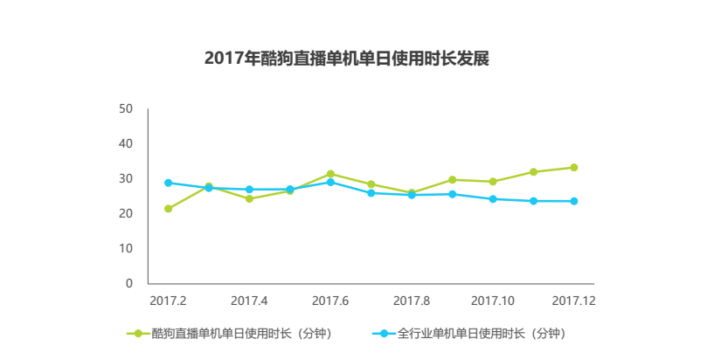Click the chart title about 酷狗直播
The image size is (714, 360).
[x=346, y=59]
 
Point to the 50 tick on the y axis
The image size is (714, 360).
[x=126, y=109]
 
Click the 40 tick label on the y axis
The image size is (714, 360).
[x=126, y=144]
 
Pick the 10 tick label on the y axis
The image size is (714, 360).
[x=126, y=249]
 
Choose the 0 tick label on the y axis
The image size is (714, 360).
[x=129, y=284]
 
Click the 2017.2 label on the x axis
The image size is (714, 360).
[x=168, y=301]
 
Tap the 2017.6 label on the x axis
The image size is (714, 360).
[x=330, y=301]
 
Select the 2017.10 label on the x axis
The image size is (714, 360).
[x=493, y=301]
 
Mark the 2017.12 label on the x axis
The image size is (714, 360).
[x=574, y=301]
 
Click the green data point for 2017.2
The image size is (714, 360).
[x=168, y=209]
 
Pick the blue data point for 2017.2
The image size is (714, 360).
[x=168, y=183]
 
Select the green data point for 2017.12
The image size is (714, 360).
[x=574, y=167]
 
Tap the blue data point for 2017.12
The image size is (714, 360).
[x=574, y=201]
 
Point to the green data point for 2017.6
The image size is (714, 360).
[x=330, y=174]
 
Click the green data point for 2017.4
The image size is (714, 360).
[x=249, y=199]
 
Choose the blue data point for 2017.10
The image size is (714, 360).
[x=493, y=199]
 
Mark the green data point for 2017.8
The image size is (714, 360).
[x=412, y=193]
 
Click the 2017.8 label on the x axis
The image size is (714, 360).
[x=412, y=301]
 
